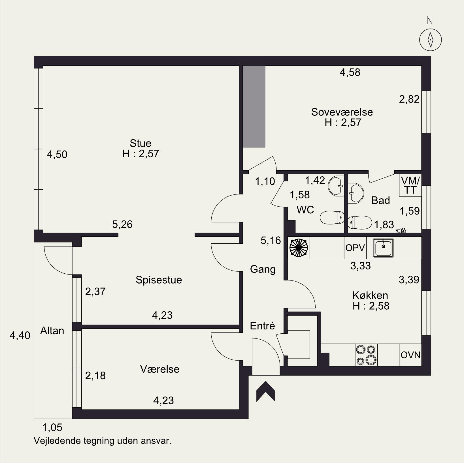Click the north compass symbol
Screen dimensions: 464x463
point(430,40)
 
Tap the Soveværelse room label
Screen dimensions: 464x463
point(342,112)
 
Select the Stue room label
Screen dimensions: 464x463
point(141,143)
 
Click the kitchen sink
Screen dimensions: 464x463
point(383,248)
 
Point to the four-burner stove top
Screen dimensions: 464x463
point(366,355)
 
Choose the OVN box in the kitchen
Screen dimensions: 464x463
point(410,355)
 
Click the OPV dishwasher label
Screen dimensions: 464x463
point(355,248)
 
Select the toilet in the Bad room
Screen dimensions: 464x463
point(360,222)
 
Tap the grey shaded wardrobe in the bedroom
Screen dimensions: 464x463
point(254,106)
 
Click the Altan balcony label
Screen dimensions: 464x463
point(52,331)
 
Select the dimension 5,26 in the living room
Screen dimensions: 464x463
point(122,224)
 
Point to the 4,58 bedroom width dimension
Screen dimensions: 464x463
point(350,72)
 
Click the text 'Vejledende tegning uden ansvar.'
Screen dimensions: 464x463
point(103,441)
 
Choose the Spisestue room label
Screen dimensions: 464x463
point(159,280)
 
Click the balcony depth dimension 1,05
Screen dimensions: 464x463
point(52,427)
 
